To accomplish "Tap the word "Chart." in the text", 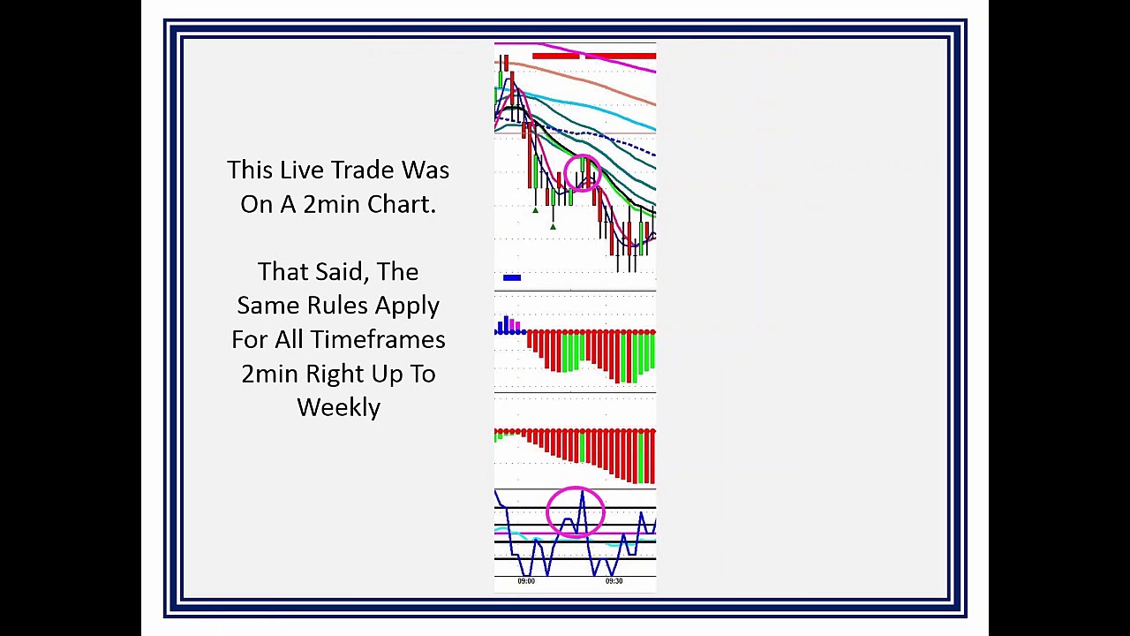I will [402, 204].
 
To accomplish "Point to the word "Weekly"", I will [338, 408].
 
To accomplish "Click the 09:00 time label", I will [526, 581].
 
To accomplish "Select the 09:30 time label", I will [614, 581].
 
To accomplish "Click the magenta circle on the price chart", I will [583, 174].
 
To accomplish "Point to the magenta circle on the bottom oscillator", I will [576, 512].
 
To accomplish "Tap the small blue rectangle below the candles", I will [512, 278].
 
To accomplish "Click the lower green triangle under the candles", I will [553, 227].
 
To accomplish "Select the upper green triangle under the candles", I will [535, 209].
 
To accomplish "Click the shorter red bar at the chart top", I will [555, 57].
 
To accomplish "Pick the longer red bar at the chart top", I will [620, 57].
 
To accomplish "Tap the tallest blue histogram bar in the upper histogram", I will [506, 324].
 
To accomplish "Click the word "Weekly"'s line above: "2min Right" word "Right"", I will [335, 374].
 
